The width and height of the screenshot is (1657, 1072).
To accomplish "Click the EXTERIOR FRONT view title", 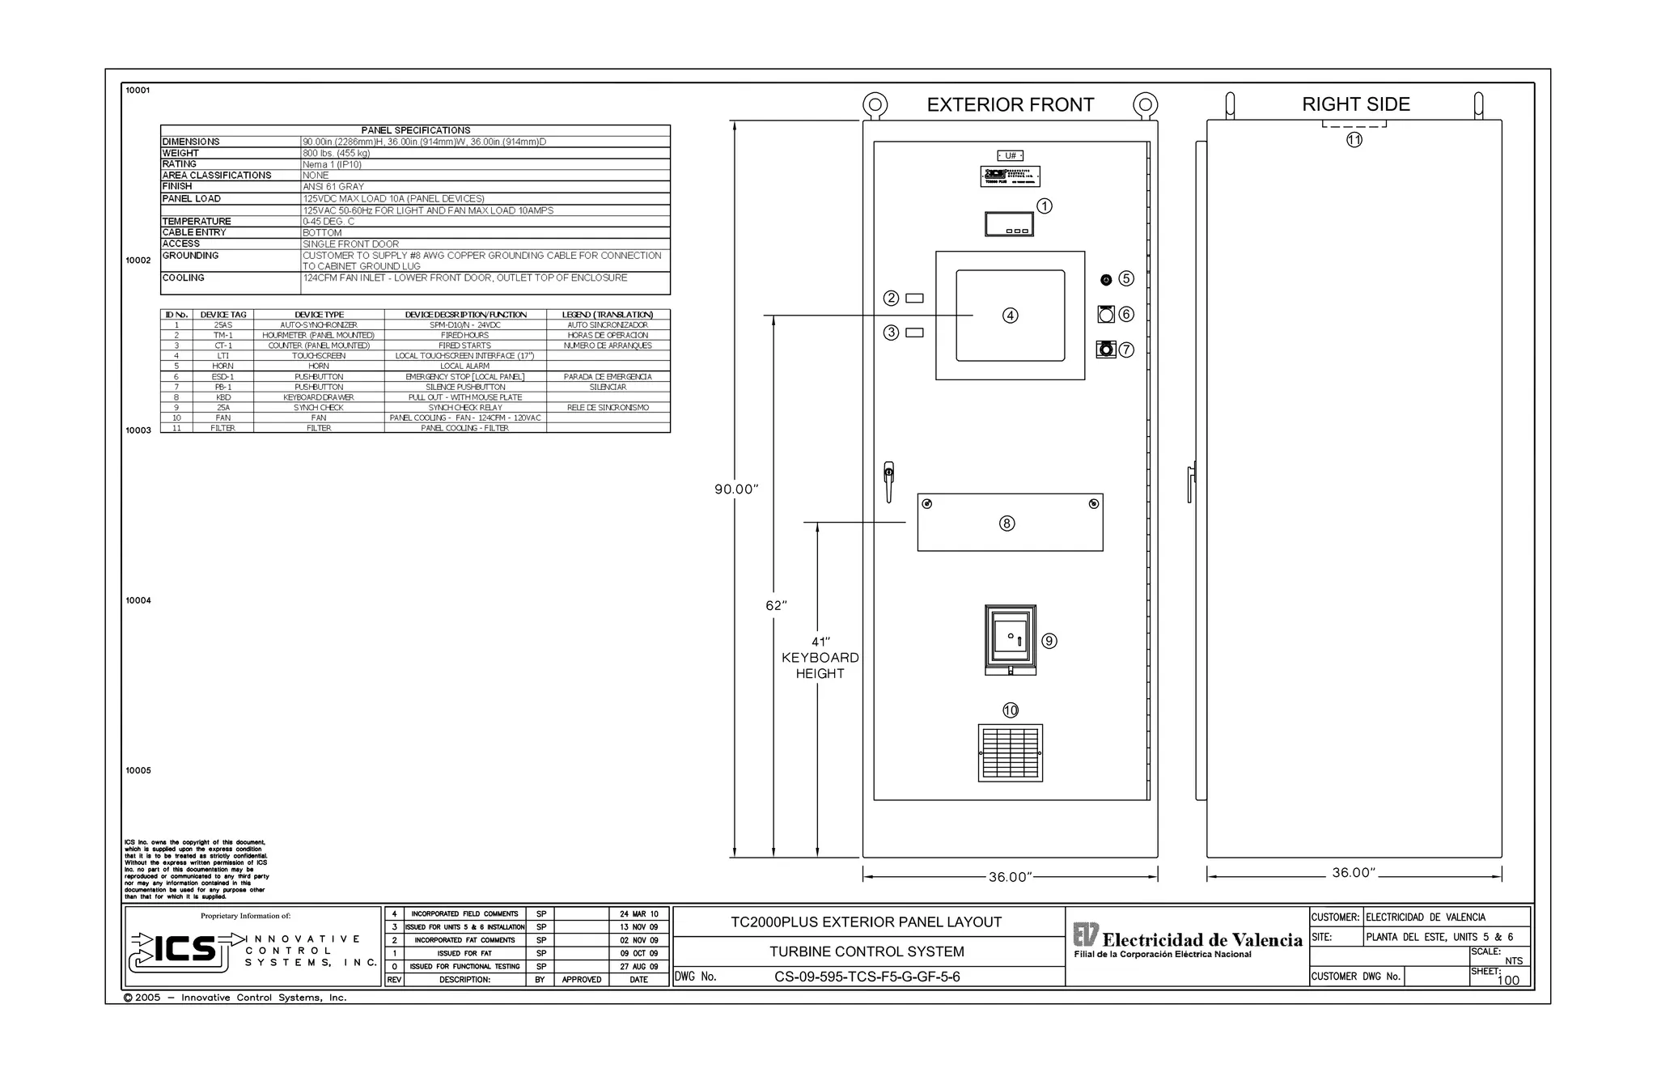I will click(x=1010, y=105).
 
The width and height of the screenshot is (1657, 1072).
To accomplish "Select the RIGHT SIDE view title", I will click(x=1355, y=104).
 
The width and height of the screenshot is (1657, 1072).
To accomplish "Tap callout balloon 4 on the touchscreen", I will click(x=1010, y=316).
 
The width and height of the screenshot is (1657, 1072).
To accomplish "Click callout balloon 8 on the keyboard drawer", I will click(x=1006, y=523).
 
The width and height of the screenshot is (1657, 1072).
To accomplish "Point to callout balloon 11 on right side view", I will click(x=1354, y=140).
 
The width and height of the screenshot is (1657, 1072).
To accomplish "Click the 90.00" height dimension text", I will click(x=735, y=489).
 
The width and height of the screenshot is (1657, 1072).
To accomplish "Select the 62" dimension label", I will click(x=776, y=606).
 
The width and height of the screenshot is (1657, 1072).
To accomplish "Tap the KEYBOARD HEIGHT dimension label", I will click(x=820, y=665).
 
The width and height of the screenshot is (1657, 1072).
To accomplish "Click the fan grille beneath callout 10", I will click(x=1010, y=753).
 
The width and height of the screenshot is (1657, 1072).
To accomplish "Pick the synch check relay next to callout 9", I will click(x=1010, y=640).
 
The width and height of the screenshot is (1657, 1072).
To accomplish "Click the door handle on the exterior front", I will click(x=888, y=481).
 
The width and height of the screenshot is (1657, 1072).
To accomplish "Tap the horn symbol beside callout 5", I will click(x=1106, y=280).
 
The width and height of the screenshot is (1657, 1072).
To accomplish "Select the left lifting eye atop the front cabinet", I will click(x=875, y=105).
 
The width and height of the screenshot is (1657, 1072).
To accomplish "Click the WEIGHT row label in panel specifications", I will click(x=180, y=153).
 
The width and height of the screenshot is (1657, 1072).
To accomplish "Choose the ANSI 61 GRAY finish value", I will click(x=333, y=187).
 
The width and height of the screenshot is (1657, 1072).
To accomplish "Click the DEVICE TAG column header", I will click(x=223, y=315).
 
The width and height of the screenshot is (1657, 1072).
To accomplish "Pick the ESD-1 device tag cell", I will click(x=223, y=377).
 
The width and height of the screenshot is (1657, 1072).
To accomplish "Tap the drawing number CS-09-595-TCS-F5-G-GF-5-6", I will click(x=867, y=977).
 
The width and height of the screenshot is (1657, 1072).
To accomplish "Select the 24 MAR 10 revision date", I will click(x=638, y=914).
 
